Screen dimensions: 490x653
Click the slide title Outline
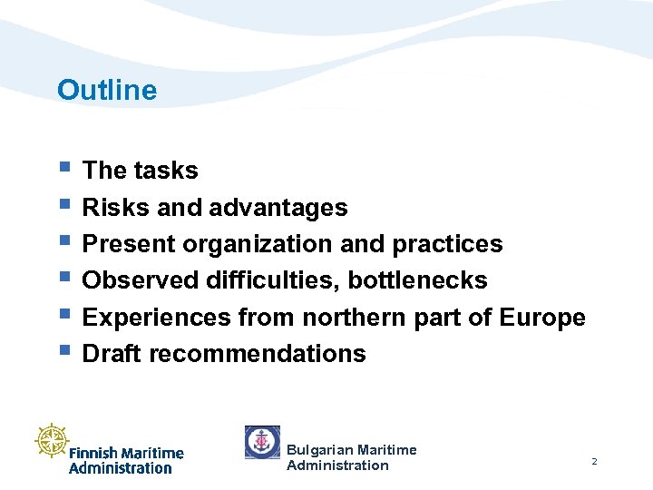tap(106, 90)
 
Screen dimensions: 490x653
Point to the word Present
tap(129, 244)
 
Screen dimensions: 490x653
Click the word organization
tap(260, 245)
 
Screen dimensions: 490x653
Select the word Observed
tap(133, 280)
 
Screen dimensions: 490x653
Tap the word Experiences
tap(156, 318)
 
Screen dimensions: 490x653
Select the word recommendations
tap(257, 354)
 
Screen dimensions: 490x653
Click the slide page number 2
tap(594, 462)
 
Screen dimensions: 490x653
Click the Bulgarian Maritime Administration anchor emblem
tap(262, 442)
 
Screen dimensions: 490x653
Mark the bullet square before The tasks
tap(63, 167)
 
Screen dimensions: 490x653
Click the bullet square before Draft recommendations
tap(63, 349)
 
